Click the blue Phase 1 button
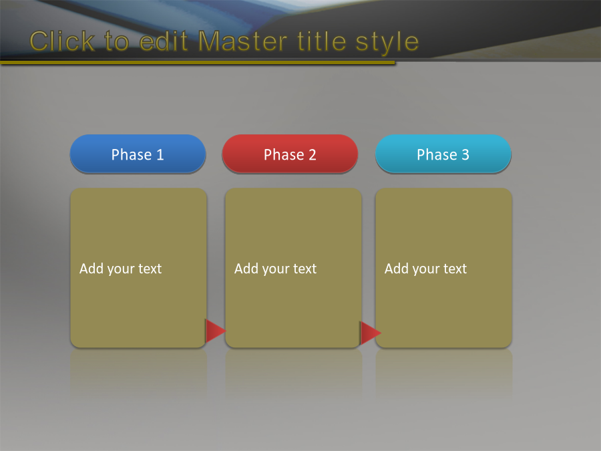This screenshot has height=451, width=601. click(x=138, y=154)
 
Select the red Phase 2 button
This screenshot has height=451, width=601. click(x=290, y=154)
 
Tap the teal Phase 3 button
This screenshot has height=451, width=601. click(x=443, y=154)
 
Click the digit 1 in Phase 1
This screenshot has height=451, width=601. click(x=160, y=154)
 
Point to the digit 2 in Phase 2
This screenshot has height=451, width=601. click(x=313, y=154)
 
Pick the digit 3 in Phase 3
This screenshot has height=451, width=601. click(x=465, y=154)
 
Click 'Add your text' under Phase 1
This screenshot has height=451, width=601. click(x=120, y=269)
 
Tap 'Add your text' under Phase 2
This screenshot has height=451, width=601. click(x=276, y=269)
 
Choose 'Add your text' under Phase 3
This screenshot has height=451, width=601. click(x=426, y=269)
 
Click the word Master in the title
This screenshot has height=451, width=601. click(x=243, y=41)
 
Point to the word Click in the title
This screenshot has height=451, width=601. click(x=62, y=41)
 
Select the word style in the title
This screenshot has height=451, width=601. click(x=387, y=42)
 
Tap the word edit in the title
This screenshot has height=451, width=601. click(x=164, y=41)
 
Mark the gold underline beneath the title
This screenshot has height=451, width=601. click(x=198, y=62)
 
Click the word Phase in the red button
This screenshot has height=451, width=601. click(x=284, y=154)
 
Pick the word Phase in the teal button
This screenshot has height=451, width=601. click(x=437, y=154)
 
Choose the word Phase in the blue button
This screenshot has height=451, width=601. click(x=132, y=154)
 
